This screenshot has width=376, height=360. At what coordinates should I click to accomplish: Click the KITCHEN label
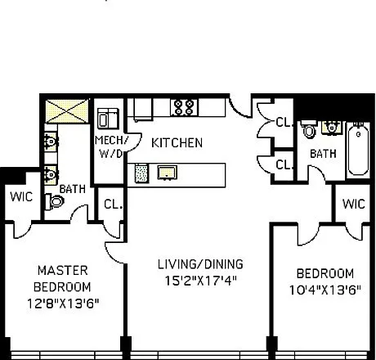pos(177,143)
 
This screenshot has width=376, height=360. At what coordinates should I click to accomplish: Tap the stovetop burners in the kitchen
pos(184,107)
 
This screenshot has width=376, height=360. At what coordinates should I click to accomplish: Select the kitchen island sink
pos(168,173)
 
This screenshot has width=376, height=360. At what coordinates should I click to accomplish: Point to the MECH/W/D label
pos(111,147)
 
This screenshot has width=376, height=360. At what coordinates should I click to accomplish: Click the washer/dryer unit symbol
pos(108,119)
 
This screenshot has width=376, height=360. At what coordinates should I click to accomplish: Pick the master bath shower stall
pos(67,111)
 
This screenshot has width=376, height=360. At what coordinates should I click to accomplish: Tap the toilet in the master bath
pos(55,202)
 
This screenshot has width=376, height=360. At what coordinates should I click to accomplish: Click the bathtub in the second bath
pos(359,150)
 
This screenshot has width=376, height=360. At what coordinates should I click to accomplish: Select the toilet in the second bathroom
pos(309,128)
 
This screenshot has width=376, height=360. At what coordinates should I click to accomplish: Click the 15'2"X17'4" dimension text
pos(200,281)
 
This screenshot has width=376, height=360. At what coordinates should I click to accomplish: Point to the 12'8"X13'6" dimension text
pos(63,304)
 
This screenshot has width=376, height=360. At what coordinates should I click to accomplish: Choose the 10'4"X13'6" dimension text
pos(325,290)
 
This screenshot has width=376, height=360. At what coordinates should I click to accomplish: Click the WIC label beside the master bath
pos(21,196)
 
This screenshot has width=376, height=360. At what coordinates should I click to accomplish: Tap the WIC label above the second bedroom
pos(354,204)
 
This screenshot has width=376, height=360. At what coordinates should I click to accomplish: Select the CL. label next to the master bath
pos(113,205)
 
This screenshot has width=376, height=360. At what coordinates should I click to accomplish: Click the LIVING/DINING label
pos(200,264)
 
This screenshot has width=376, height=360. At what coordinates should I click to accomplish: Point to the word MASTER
pos(63,271)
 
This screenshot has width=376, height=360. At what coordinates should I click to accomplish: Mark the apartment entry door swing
pos(239,107)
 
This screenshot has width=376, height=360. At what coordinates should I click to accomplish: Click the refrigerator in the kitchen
pos(143,109)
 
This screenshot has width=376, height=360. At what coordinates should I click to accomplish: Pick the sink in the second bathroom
pos(332,128)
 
